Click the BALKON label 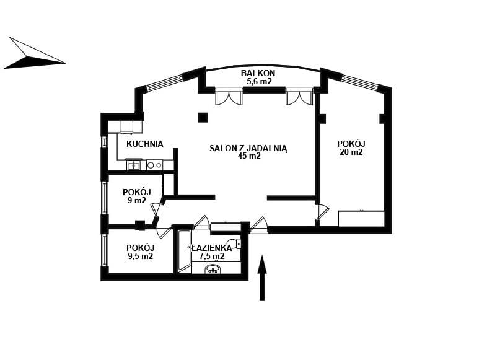[x=258, y=73]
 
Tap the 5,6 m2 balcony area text [x=259, y=82]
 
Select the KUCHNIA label [x=145, y=144]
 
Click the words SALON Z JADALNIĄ [x=248, y=148]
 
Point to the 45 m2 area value [x=249, y=156]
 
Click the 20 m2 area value [x=351, y=152]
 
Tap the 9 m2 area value [x=137, y=200]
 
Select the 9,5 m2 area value [x=141, y=257]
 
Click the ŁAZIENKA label [x=212, y=248]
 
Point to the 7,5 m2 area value [x=211, y=257]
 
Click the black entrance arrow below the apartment [x=262, y=278]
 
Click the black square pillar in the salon [x=203, y=117]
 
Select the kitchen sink [x=134, y=165]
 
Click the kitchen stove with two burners [x=154, y=165]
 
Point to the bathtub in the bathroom [x=185, y=252]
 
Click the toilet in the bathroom [x=235, y=244]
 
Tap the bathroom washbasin [x=213, y=269]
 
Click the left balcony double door [x=229, y=97]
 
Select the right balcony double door [x=299, y=97]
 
